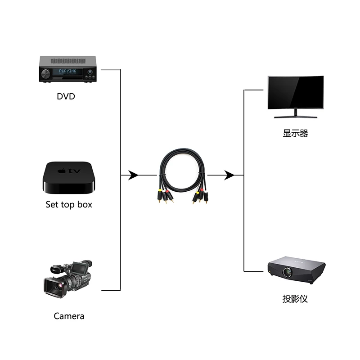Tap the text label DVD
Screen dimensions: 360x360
click(x=66, y=96)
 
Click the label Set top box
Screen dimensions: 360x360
click(x=69, y=204)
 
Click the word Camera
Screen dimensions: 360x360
click(x=69, y=316)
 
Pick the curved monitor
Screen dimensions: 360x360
click(x=295, y=94)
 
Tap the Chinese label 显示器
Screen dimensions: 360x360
click(x=295, y=133)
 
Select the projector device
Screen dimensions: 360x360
click(x=296, y=270)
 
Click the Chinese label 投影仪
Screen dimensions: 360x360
click(x=295, y=299)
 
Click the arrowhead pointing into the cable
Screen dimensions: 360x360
click(x=133, y=175)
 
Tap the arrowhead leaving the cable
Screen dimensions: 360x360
click(x=229, y=175)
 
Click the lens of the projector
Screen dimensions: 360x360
click(x=287, y=272)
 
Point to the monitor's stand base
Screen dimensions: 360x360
click(x=296, y=117)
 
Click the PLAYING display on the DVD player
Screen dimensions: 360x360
click(x=68, y=71)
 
